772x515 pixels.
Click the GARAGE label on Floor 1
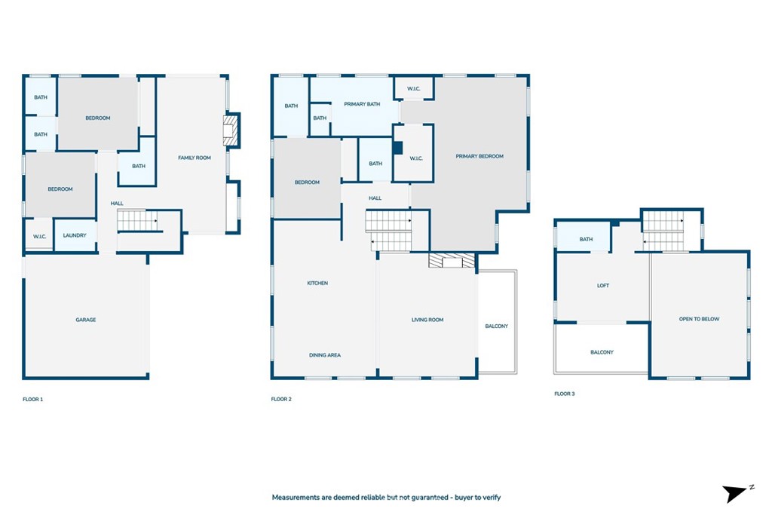(x=86, y=320)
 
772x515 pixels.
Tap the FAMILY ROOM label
(x=195, y=158)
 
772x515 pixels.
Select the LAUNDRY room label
(x=75, y=235)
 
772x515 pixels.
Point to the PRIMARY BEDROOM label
(x=479, y=157)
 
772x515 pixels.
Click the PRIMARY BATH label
(x=362, y=104)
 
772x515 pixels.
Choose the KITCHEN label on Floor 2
(x=317, y=283)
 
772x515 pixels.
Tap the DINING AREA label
(x=325, y=355)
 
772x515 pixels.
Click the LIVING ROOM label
(x=427, y=320)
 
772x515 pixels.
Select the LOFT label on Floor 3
(x=603, y=286)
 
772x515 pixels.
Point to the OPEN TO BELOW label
(x=699, y=319)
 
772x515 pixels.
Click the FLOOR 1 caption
(x=33, y=400)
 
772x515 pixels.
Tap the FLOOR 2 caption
(x=281, y=400)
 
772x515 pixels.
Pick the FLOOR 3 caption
(x=565, y=394)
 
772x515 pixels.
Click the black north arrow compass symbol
(x=734, y=493)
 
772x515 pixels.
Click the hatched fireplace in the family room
(x=231, y=130)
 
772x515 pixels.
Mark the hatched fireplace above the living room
(x=452, y=260)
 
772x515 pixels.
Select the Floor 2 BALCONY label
(x=496, y=326)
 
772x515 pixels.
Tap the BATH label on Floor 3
(x=586, y=239)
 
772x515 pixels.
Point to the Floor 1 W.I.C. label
(x=39, y=237)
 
